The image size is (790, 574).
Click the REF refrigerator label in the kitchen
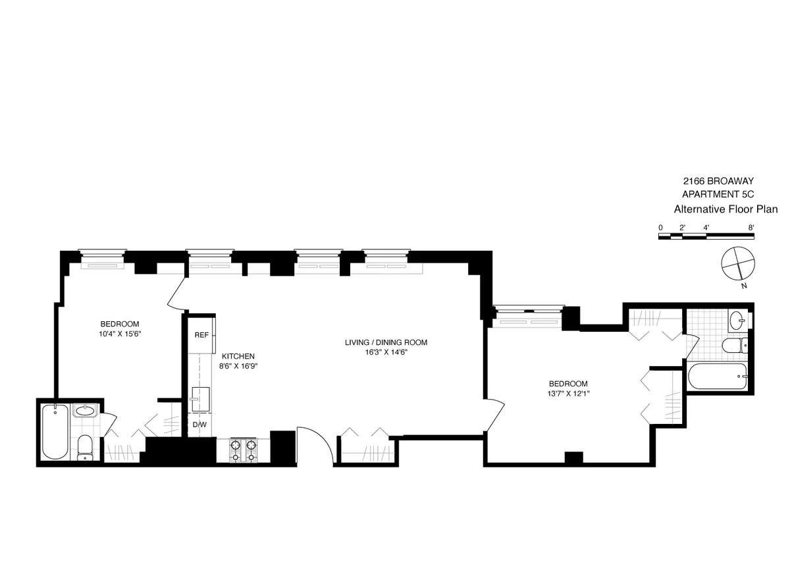pos(201,334)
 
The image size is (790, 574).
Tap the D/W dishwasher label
pos(199,425)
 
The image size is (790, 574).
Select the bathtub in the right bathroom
pos(718,377)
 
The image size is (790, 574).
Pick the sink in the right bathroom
pos(738,321)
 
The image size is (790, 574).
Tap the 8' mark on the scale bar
pos(750,227)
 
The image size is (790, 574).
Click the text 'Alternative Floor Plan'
pos(725,209)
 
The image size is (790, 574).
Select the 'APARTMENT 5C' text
pos(716,194)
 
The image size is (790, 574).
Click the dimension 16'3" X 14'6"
pos(386,352)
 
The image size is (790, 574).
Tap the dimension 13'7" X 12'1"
pos(567,394)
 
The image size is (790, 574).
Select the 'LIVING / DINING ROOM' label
pos(386,342)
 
